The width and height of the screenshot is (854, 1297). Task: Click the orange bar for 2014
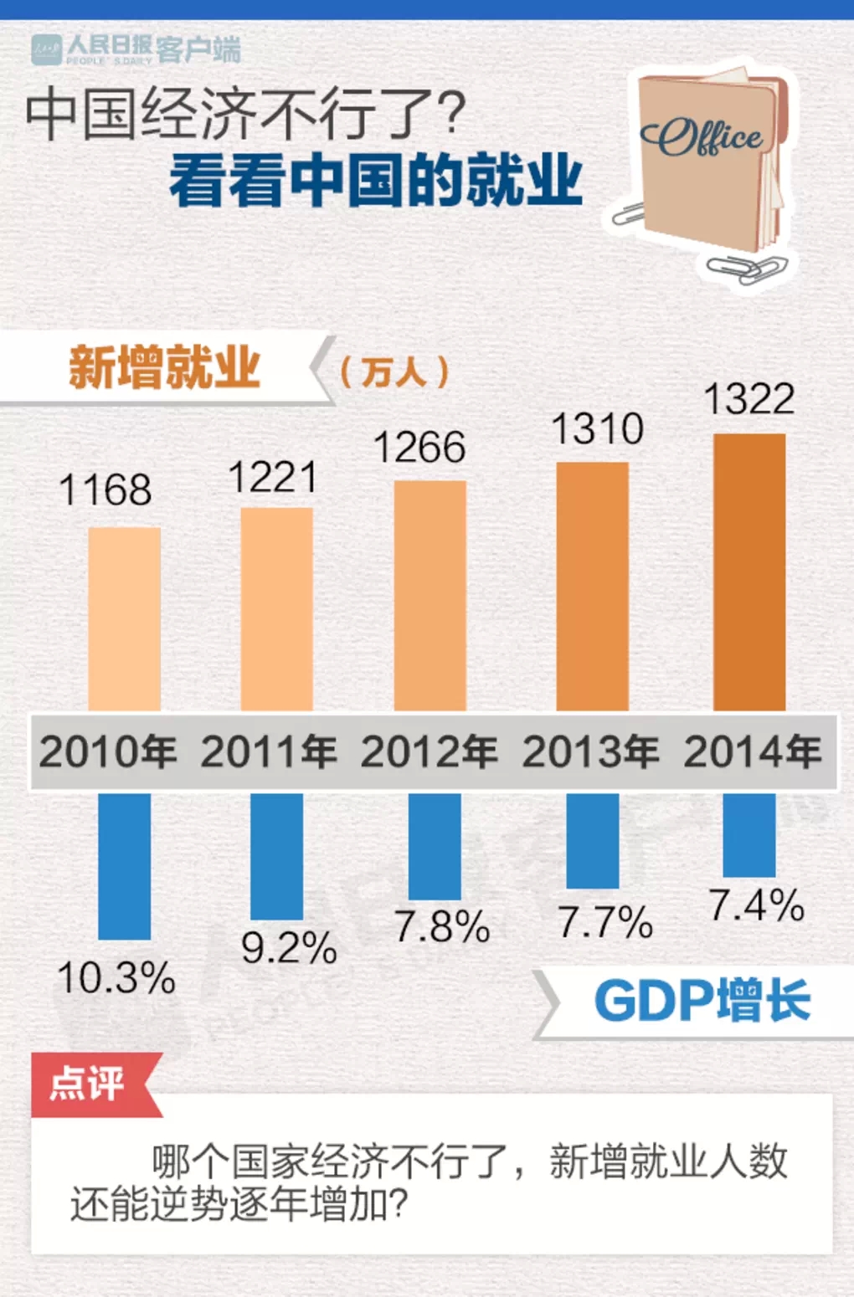749,572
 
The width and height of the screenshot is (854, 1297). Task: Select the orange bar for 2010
124,619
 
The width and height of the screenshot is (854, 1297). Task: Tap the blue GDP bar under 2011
276,856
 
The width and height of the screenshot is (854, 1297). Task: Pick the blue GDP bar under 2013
592,841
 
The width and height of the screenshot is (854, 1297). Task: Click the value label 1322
749,399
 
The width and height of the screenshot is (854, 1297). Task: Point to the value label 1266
419,448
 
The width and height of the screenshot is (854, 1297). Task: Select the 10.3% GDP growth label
116,977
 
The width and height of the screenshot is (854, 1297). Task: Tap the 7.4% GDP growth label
756,906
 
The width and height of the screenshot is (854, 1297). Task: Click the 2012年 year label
430,751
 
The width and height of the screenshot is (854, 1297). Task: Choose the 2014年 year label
753,751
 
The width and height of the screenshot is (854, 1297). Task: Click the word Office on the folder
702,138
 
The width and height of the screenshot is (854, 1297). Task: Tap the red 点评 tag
88,1084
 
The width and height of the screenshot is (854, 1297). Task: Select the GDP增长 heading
702,1001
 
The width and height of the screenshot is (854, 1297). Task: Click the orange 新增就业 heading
164,367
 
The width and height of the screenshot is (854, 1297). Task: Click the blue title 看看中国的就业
376,180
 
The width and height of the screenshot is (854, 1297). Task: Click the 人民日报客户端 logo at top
136,49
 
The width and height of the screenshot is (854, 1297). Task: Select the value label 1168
105,490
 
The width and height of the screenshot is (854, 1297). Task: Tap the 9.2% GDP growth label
289,948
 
